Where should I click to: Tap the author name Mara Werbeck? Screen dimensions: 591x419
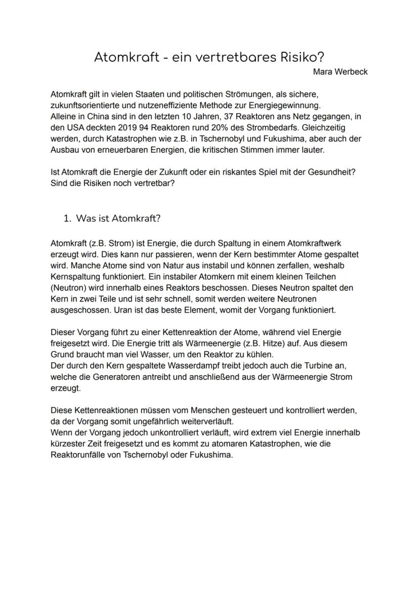(x=340, y=72)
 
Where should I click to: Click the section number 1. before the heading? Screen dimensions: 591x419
(x=67, y=218)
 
